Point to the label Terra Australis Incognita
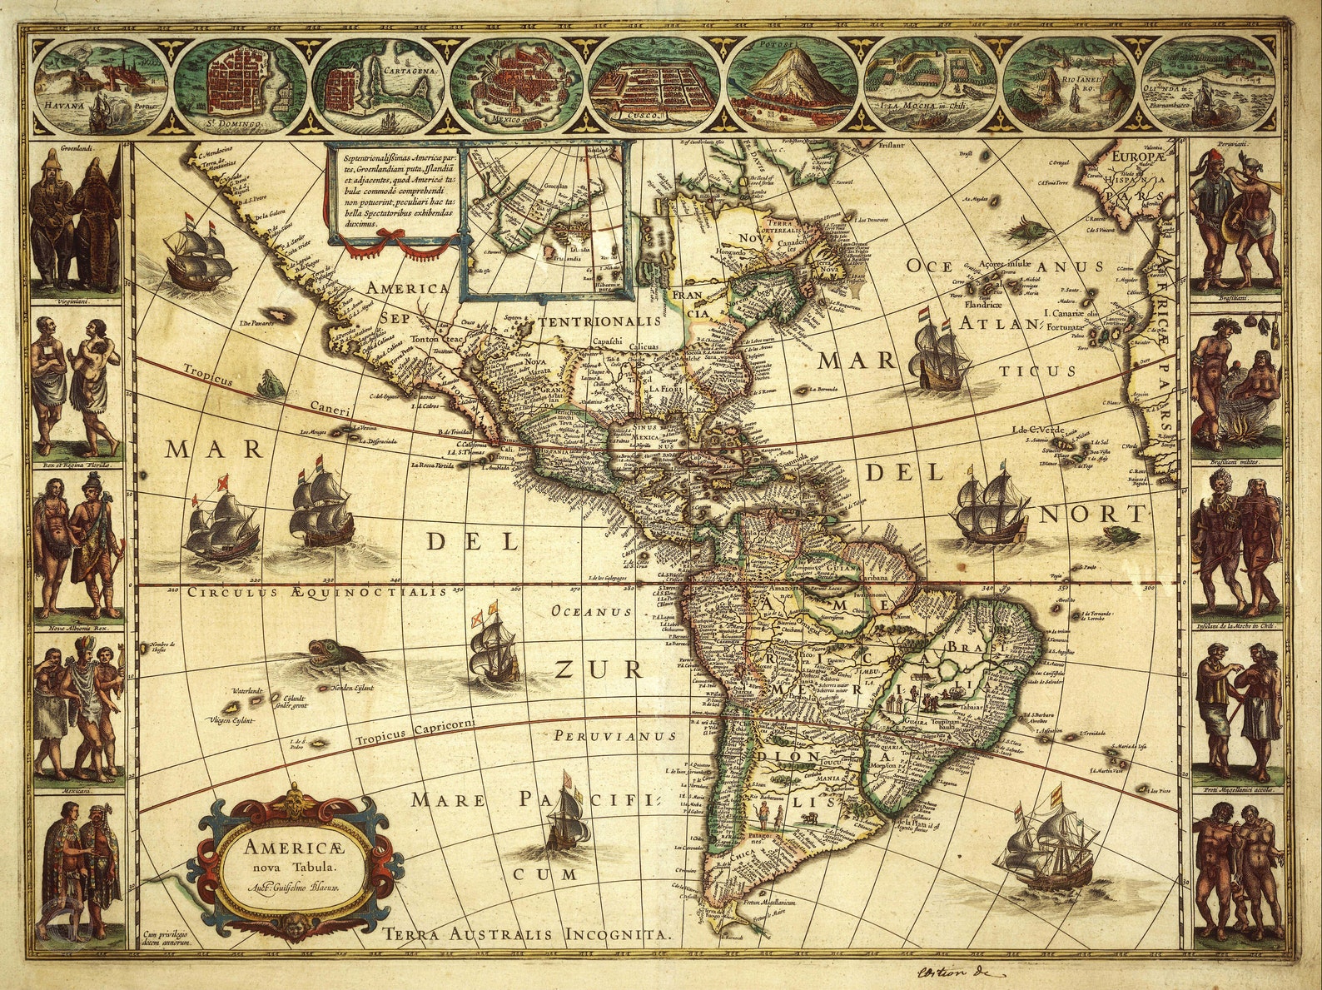(x=527, y=934)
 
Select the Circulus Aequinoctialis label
(x=322, y=593)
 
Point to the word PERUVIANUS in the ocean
(x=614, y=736)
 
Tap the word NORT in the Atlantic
(x=1093, y=514)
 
